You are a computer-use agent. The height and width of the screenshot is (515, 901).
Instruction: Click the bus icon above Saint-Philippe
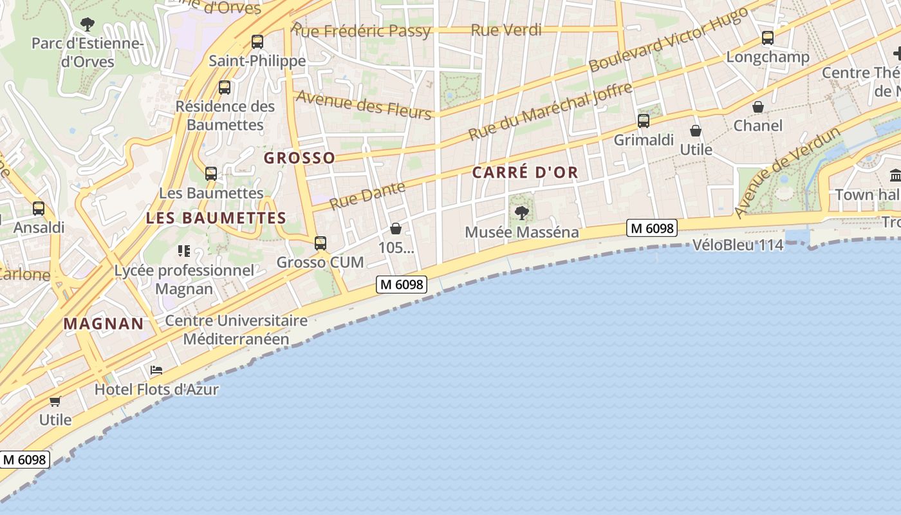click(257, 42)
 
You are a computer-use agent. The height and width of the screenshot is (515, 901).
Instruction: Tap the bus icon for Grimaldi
click(643, 120)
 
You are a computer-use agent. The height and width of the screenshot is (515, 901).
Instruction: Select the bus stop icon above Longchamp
click(767, 38)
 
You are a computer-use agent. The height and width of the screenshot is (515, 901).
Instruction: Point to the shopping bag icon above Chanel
click(758, 107)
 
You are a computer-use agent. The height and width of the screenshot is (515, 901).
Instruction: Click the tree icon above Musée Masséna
click(521, 212)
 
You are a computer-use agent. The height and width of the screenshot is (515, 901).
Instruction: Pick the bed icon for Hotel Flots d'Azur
click(156, 370)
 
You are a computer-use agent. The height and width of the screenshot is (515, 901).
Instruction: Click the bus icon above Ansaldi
click(39, 209)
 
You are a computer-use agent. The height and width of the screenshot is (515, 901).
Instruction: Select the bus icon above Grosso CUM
click(320, 243)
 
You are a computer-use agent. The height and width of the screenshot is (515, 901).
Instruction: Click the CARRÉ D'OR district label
click(525, 173)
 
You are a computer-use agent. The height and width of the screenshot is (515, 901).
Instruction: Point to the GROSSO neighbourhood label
click(300, 158)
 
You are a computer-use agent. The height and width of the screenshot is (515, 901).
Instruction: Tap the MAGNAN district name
click(104, 324)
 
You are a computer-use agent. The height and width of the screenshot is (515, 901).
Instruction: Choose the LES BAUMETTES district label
click(216, 218)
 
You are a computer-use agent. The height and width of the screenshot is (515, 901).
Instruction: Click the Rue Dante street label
click(367, 195)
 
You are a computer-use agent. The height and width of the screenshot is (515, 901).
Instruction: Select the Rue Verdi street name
click(506, 30)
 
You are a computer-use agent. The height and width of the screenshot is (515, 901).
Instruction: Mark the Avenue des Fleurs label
click(364, 105)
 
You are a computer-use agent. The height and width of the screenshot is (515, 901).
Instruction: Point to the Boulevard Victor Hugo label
click(669, 40)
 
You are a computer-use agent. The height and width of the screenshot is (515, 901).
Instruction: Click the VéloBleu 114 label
click(738, 245)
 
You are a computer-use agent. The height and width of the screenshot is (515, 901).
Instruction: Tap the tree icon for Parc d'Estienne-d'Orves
click(88, 24)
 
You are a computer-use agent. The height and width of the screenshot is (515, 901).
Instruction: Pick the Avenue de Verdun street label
click(788, 173)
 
